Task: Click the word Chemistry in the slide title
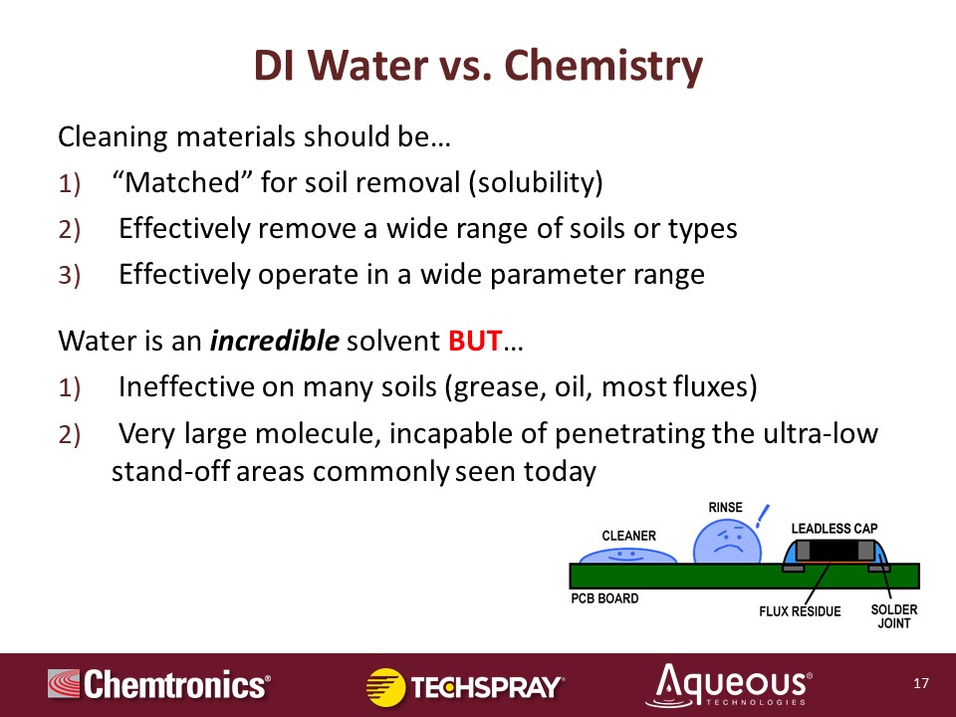click(603, 67)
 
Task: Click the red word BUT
click(475, 341)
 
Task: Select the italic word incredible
click(275, 341)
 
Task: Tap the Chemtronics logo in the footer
click(159, 684)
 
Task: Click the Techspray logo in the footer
click(465, 687)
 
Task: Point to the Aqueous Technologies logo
click(729, 685)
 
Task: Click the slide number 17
click(920, 683)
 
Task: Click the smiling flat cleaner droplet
click(627, 556)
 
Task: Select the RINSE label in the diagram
click(726, 507)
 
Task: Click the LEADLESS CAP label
click(835, 529)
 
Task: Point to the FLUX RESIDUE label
click(800, 610)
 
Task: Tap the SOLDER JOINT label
click(894, 616)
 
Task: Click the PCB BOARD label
click(604, 598)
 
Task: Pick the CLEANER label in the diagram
click(628, 536)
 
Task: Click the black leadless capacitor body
click(836, 551)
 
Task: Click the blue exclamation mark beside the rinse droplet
click(762, 516)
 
